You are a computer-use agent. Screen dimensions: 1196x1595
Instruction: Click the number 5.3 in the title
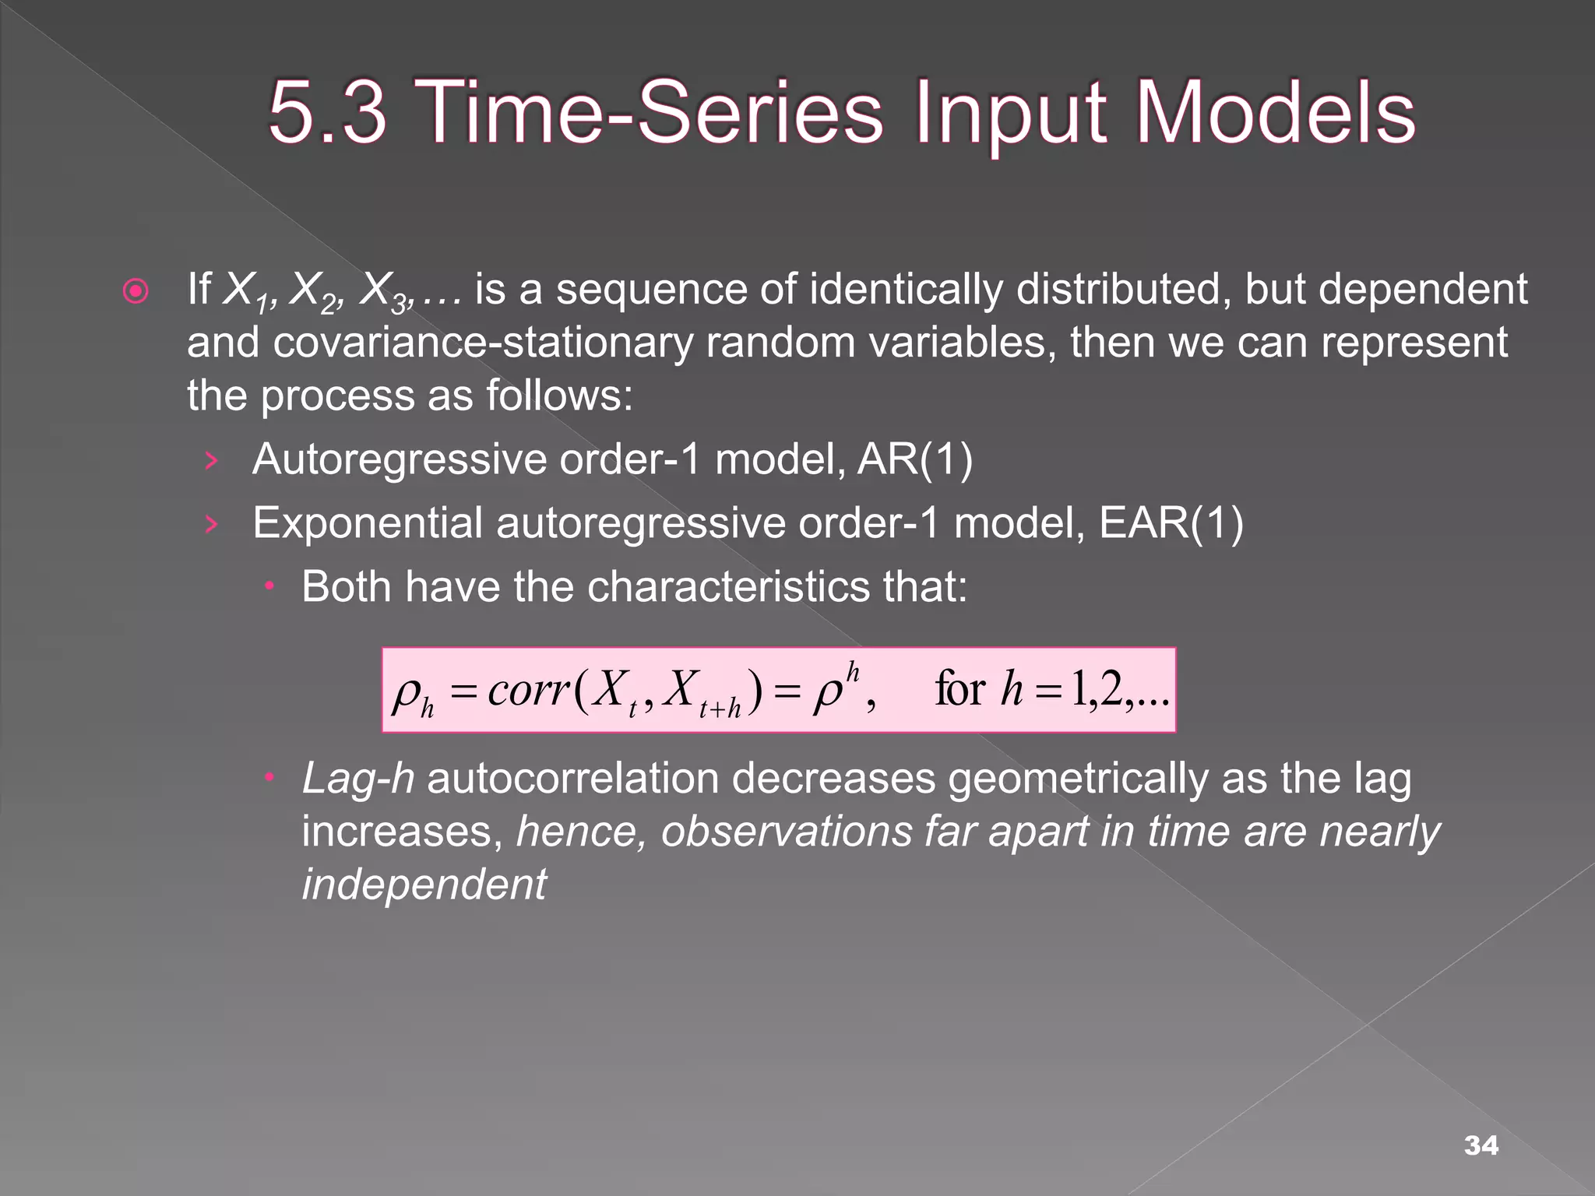[327, 113]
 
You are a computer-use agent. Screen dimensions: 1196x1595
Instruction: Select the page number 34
[1481, 1145]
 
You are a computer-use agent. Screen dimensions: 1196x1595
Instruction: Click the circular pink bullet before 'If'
[136, 292]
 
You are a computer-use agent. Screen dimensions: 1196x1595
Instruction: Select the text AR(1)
[914, 459]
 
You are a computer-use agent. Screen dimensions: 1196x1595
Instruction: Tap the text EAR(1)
[1171, 522]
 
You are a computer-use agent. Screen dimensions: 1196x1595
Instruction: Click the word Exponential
[367, 522]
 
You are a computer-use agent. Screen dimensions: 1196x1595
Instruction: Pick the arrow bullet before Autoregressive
[210, 461]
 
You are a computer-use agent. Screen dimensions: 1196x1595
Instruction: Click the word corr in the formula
[528, 690]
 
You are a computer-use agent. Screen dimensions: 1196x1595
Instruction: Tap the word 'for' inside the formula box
[959, 690]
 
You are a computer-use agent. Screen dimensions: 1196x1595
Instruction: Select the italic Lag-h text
[357, 779]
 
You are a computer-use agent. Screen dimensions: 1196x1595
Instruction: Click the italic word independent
[424, 885]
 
